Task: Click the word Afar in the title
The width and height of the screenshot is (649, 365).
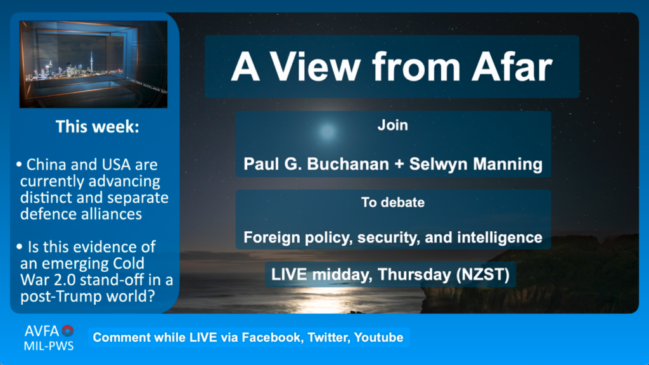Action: pyautogui.click(x=512, y=67)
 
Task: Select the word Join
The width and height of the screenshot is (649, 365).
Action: pyautogui.click(x=393, y=125)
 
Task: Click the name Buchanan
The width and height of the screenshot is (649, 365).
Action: pyautogui.click(x=348, y=164)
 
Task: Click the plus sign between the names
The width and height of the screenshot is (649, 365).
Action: pyautogui.click(x=399, y=164)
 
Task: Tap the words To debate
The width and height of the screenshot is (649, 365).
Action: pyautogui.click(x=393, y=202)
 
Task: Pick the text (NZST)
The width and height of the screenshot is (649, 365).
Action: pyautogui.click(x=482, y=275)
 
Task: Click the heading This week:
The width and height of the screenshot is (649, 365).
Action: pyautogui.click(x=98, y=127)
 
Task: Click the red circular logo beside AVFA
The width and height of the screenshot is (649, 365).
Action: pyautogui.click(x=67, y=330)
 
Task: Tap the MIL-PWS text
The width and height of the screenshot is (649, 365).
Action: pyautogui.click(x=49, y=346)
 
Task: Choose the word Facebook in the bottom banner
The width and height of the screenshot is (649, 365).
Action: pyautogui.click(x=271, y=337)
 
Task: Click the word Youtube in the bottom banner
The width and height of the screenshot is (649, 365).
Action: pyautogui.click(x=379, y=337)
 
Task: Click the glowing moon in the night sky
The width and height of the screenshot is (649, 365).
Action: pyautogui.click(x=327, y=132)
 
